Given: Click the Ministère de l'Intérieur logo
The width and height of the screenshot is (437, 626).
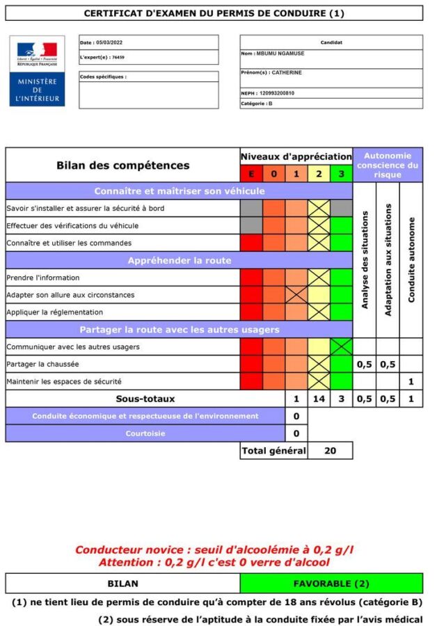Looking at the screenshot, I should click(37, 70).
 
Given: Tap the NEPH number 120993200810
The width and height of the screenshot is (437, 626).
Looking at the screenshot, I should click(267, 93).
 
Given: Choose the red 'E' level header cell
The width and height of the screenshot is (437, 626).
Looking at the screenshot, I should click(251, 174).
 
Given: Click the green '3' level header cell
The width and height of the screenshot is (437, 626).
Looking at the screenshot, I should click(341, 174).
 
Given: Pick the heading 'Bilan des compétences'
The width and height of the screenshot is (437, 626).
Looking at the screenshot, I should click(122, 166).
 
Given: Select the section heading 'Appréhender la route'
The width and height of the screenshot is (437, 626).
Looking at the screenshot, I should click(180, 260).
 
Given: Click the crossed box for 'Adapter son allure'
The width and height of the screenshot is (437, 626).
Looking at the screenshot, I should click(296, 294).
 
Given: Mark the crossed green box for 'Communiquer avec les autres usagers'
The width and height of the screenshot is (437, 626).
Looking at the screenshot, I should click(341, 346).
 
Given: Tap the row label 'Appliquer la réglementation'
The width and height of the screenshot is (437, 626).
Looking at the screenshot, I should click(54, 312).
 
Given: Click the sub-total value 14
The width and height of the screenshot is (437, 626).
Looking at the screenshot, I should click(319, 399).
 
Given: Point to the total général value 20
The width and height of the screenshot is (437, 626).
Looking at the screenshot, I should click(330, 451).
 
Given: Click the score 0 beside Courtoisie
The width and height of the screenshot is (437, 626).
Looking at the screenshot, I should click(296, 433).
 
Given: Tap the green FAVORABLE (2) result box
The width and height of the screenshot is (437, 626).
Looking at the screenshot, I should click(331, 583).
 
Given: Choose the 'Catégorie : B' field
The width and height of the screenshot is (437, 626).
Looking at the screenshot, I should click(257, 103).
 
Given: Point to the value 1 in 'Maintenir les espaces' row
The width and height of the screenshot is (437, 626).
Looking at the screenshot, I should click(411, 381).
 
